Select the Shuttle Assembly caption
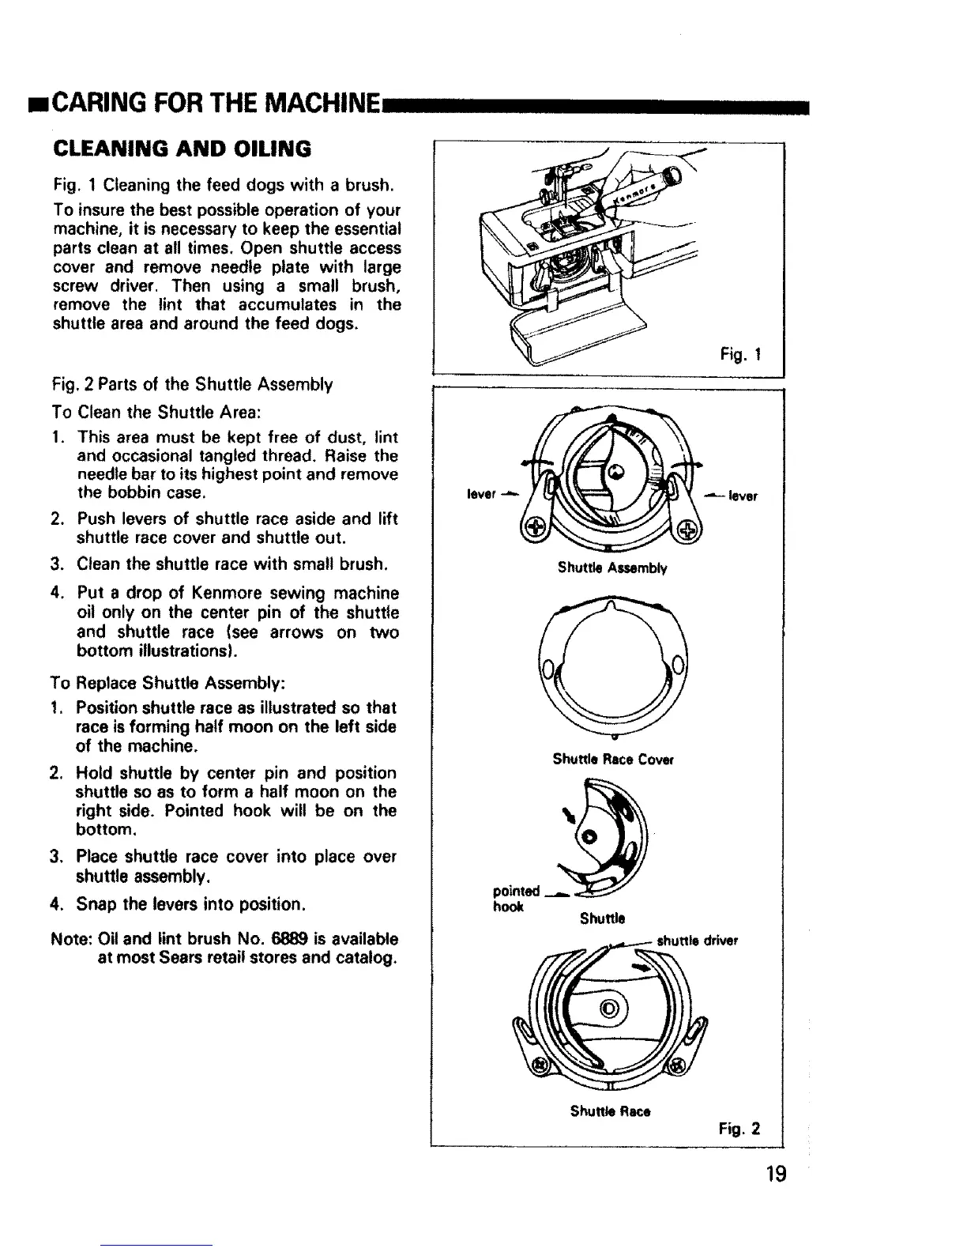612,568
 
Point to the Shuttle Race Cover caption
612,760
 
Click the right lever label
742,496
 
